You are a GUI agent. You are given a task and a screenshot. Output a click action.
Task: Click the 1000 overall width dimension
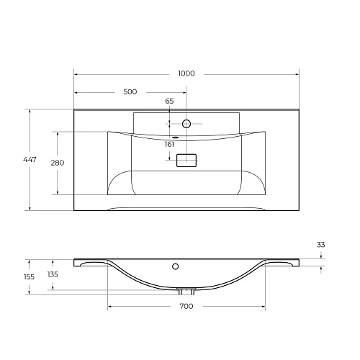(x=186, y=73)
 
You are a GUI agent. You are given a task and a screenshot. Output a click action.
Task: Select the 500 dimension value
(x=130, y=92)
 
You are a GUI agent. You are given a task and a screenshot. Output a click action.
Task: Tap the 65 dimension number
(x=169, y=102)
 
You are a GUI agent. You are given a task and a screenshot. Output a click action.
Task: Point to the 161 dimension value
(x=170, y=145)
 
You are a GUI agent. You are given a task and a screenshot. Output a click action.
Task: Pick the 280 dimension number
(x=57, y=163)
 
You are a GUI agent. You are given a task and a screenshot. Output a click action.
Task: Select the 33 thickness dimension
(x=320, y=246)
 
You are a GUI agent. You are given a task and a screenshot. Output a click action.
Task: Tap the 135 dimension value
(x=53, y=274)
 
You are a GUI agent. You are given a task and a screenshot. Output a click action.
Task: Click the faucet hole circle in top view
(x=186, y=124)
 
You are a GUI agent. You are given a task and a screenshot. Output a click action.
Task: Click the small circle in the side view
(x=175, y=266)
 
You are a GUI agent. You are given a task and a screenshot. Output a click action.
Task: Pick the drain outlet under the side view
(x=186, y=291)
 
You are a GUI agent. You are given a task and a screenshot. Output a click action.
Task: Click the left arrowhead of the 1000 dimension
(x=76, y=73)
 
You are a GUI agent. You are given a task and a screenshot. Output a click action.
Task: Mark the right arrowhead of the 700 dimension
(x=264, y=307)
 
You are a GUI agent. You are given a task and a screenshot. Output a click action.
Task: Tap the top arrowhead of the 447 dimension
(x=30, y=111)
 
